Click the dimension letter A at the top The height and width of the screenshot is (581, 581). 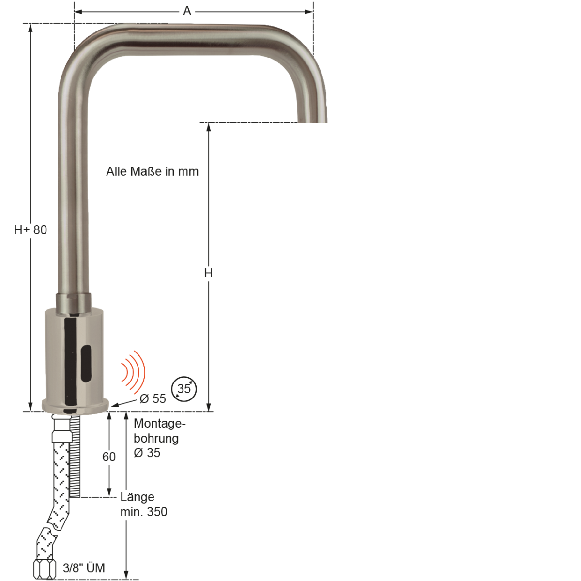pos(187,11)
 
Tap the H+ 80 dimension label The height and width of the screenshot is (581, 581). pos(31,230)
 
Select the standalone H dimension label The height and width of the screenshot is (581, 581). pos(208,274)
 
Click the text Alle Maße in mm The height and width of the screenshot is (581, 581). pos(152,171)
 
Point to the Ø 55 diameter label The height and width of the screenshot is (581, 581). pos(153,398)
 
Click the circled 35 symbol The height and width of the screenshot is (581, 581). pos(184,389)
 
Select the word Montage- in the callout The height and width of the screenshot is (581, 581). pos(159,424)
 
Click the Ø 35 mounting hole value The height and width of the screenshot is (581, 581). pos(147,453)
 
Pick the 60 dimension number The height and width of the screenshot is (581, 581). pos(109,457)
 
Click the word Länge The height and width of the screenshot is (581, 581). pos(138,497)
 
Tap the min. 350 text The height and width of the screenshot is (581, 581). pos(144,512)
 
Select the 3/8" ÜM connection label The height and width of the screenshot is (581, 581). pos(84,568)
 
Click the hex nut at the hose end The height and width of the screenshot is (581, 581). pos(45,569)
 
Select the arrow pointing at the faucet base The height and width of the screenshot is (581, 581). pos(124,403)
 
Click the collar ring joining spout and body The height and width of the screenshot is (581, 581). pos(73,302)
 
